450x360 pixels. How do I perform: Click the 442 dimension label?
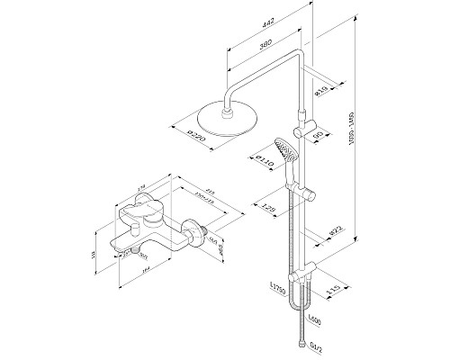pos(260,29)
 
